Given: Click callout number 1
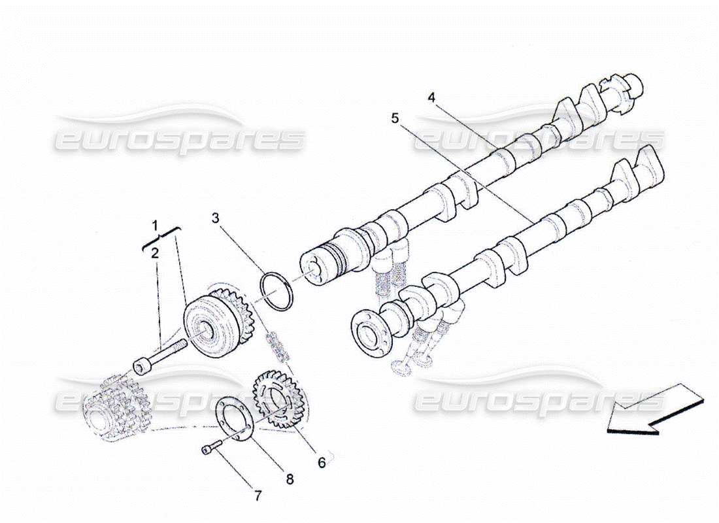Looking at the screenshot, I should (156, 226).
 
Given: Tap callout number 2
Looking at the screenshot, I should (155, 253).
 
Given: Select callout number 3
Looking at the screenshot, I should (215, 218).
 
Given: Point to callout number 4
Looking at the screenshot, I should (431, 97).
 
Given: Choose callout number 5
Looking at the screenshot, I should (395, 118).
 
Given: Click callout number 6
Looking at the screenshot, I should (321, 462).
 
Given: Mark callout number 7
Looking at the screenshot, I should (258, 496).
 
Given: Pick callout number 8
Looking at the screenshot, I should (290, 479).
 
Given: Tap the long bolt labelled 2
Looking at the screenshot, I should (159, 354).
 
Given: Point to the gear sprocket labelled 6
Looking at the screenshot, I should (278, 399).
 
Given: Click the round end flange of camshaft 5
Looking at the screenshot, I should (371, 333).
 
